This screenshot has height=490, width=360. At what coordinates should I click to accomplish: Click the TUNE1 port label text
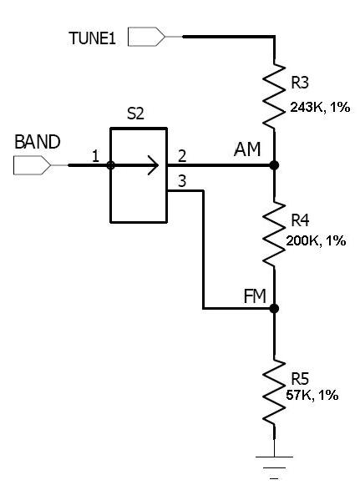tap(92, 38)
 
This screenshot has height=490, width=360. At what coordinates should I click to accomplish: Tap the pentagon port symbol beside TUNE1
tap(146, 37)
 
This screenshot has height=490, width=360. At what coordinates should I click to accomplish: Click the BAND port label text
tap(38, 142)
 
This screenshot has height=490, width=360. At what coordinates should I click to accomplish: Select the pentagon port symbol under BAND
tap(32, 165)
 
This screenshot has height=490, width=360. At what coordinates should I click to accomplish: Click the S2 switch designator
tap(135, 114)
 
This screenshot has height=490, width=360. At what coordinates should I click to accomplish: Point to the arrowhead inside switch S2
tap(154, 165)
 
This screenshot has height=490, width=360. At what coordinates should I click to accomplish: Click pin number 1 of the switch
tap(96, 156)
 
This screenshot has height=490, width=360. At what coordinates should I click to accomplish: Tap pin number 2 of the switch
tap(182, 156)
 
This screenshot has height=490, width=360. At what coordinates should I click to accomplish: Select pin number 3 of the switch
tap(182, 181)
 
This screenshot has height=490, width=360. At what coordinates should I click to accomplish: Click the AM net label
tap(247, 149)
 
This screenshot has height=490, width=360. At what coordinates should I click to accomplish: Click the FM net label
tap(255, 296)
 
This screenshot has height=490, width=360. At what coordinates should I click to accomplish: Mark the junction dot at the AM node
tap(274, 165)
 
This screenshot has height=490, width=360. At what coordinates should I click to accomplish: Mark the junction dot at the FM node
tap(274, 309)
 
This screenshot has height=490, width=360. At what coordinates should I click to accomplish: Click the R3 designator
tap(300, 83)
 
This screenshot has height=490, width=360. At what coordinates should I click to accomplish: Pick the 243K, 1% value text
tap(320, 108)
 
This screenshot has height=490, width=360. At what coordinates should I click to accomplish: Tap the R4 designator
tap(300, 220)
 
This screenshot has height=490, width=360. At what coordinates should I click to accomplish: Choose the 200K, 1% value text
tap(316, 241)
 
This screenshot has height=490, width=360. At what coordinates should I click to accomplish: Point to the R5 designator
tap(300, 379)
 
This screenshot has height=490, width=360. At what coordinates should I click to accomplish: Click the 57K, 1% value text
tap(312, 395)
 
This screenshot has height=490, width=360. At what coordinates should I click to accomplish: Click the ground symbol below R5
tap(274, 467)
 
